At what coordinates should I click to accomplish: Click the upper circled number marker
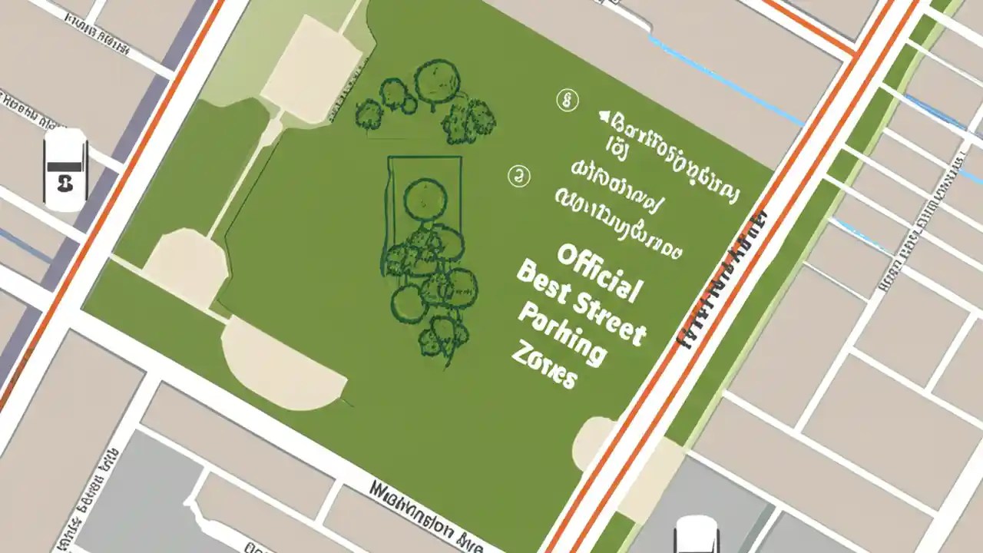pos(567,100)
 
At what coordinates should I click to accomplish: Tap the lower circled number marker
pos(519,176)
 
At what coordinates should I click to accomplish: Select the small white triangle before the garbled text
pos(604,118)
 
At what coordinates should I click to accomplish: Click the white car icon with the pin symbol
pos(65,169)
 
